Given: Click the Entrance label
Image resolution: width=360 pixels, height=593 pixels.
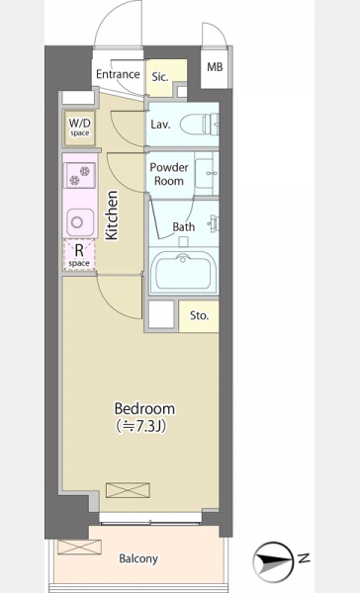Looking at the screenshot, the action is [118, 74].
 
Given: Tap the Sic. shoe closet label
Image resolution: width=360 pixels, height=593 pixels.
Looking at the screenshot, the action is [160, 77].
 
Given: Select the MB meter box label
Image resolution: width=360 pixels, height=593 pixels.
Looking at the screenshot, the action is [215, 67].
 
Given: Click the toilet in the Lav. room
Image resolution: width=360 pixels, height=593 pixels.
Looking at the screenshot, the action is [199, 124].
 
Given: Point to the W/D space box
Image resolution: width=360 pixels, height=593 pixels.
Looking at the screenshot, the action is [79, 127].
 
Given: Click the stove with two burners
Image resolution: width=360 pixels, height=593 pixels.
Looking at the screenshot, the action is [79, 175].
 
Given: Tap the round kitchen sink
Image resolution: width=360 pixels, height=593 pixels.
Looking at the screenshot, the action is [80, 222].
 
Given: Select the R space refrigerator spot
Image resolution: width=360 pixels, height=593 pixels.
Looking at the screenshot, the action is [79, 255].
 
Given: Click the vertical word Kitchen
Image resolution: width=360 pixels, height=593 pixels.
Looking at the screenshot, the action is [112, 215].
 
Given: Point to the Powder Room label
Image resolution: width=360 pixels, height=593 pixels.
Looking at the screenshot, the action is [169, 174].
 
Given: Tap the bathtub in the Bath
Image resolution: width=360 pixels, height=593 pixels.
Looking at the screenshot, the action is [183, 271].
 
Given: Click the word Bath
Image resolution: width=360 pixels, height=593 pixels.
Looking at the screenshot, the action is [184, 227].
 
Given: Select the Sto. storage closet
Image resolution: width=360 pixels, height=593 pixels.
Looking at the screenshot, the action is [199, 316].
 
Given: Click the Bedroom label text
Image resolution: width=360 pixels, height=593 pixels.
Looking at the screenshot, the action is [144, 409].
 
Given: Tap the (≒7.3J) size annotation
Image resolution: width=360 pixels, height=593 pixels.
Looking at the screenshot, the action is [140, 427].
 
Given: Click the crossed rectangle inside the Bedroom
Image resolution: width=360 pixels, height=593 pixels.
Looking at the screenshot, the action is [128, 490].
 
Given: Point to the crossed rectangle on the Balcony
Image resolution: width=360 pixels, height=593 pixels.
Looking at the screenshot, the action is [79, 547].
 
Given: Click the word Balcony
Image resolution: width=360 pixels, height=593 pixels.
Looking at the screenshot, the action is [138, 558].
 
